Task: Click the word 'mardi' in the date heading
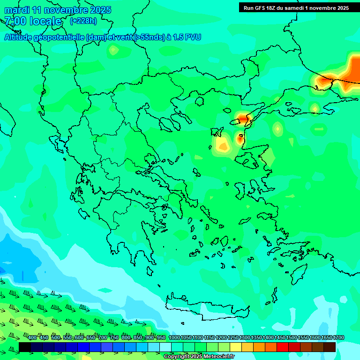tap(16, 10)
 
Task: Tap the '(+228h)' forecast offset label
tap(83, 21)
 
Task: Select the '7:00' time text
tap(15, 21)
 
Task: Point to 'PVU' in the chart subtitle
tap(192, 37)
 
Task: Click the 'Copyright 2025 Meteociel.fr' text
tap(199, 357)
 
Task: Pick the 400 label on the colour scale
tap(32, 337)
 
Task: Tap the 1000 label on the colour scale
tap(174, 337)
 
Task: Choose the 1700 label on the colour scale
tap(338, 337)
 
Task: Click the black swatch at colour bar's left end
tap(25, 347)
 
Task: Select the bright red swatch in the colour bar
tap(283, 347)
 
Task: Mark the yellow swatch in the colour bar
tap(236, 347)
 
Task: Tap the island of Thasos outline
tap(200, 101)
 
